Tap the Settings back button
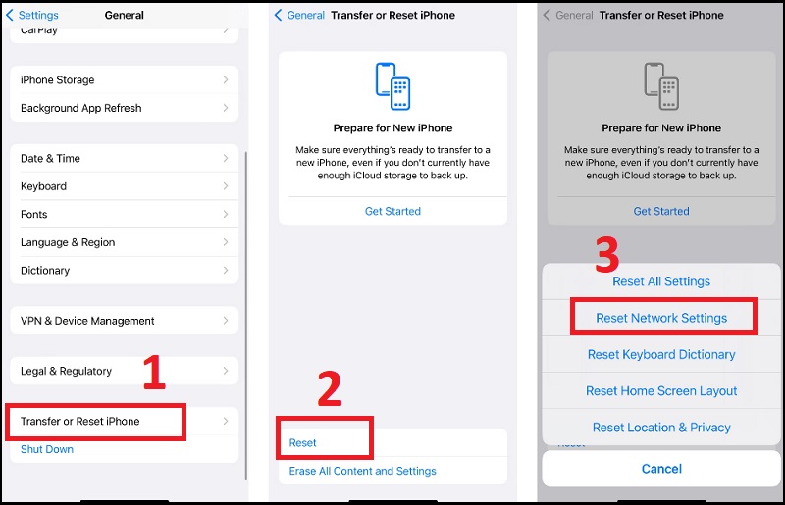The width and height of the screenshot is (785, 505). (33, 15)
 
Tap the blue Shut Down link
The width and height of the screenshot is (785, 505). (47, 449)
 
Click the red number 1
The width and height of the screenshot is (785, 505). (155, 374)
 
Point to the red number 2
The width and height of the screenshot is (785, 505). (330, 389)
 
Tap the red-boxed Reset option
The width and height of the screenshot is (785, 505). (303, 442)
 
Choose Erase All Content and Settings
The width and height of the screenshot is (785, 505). (362, 471)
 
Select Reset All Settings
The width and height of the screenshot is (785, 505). (661, 281)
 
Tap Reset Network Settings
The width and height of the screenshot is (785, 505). (661, 318)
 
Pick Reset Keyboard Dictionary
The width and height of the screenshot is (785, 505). (661, 354)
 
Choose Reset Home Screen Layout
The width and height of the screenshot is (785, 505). (661, 390)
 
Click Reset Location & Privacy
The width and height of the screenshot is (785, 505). (661, 428)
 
